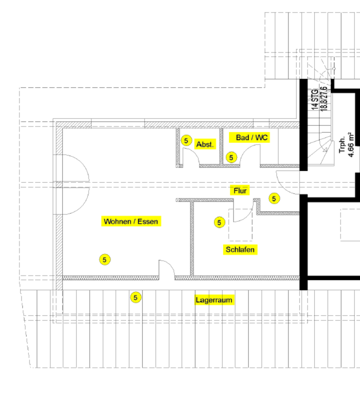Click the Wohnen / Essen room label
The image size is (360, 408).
pyautogui.click(x=132, y=221)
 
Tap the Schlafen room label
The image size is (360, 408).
pyautogui.click(x=240, y=249)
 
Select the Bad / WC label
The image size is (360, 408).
pyautogui.click(x=249, y=138)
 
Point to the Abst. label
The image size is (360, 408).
pyautogui.click(x=205, y=144)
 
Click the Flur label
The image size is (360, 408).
pyautogui.click(x=240, y=191)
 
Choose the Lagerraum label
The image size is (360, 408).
pyautogui.click(x=214, y=300)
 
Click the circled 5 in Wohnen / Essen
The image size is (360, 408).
pyautogui.click(x=105, y=259)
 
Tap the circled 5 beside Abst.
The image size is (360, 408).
pyautogui.click(x=186, y=141)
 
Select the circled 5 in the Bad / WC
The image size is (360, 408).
pyautogui.click(x=231, y=158)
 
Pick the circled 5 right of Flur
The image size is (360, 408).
pyautogui.click(x=275, y=198)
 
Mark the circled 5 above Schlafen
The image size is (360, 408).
pyautogui.click(x=219, y=222)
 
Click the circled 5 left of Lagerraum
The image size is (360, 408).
pyautogui.click(x=135, y=297)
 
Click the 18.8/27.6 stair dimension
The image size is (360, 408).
pyautogui.click(x=324, y=99)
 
